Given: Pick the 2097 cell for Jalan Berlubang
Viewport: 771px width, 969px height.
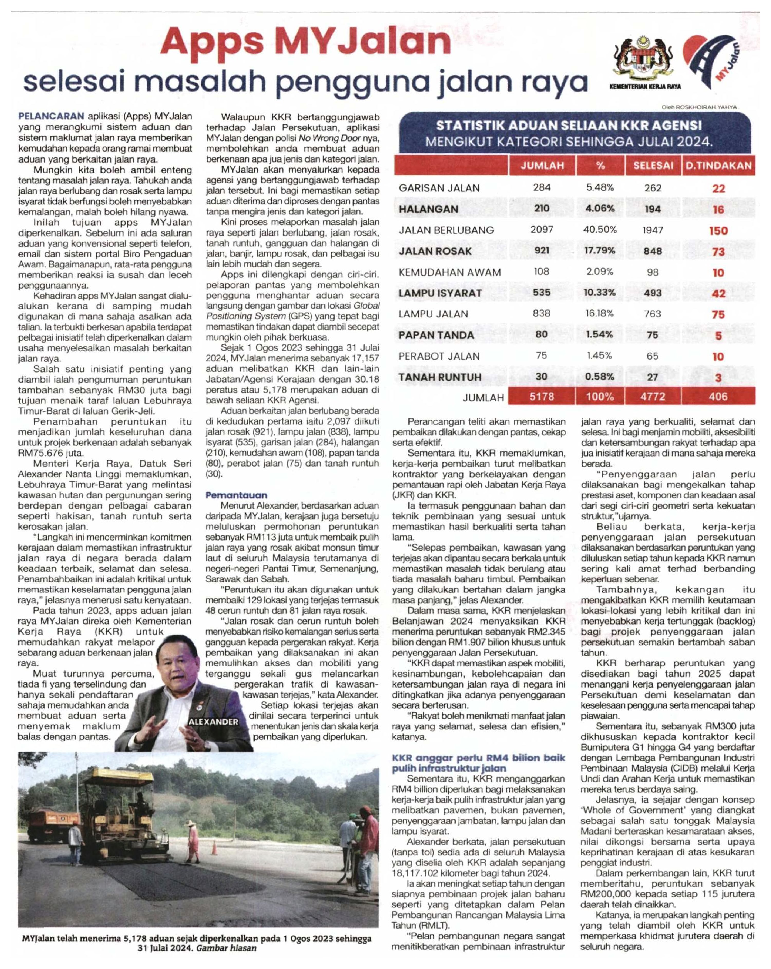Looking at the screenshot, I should click(x=542, y=230).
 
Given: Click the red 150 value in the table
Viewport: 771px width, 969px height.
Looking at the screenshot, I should click(x=718, y=231).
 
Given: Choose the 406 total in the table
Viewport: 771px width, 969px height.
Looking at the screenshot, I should click(x=718, y=397).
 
